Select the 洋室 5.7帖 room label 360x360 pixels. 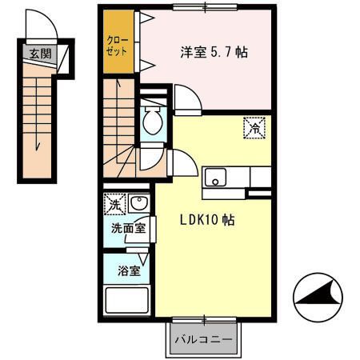click(x=213, y=54)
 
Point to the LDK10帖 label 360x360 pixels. click(x=206, y=219)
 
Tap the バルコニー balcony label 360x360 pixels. click(x=204, y=339)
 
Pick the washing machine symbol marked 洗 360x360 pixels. click(x=114, y=205)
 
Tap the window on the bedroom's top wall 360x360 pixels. click(x=206, y=8)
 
